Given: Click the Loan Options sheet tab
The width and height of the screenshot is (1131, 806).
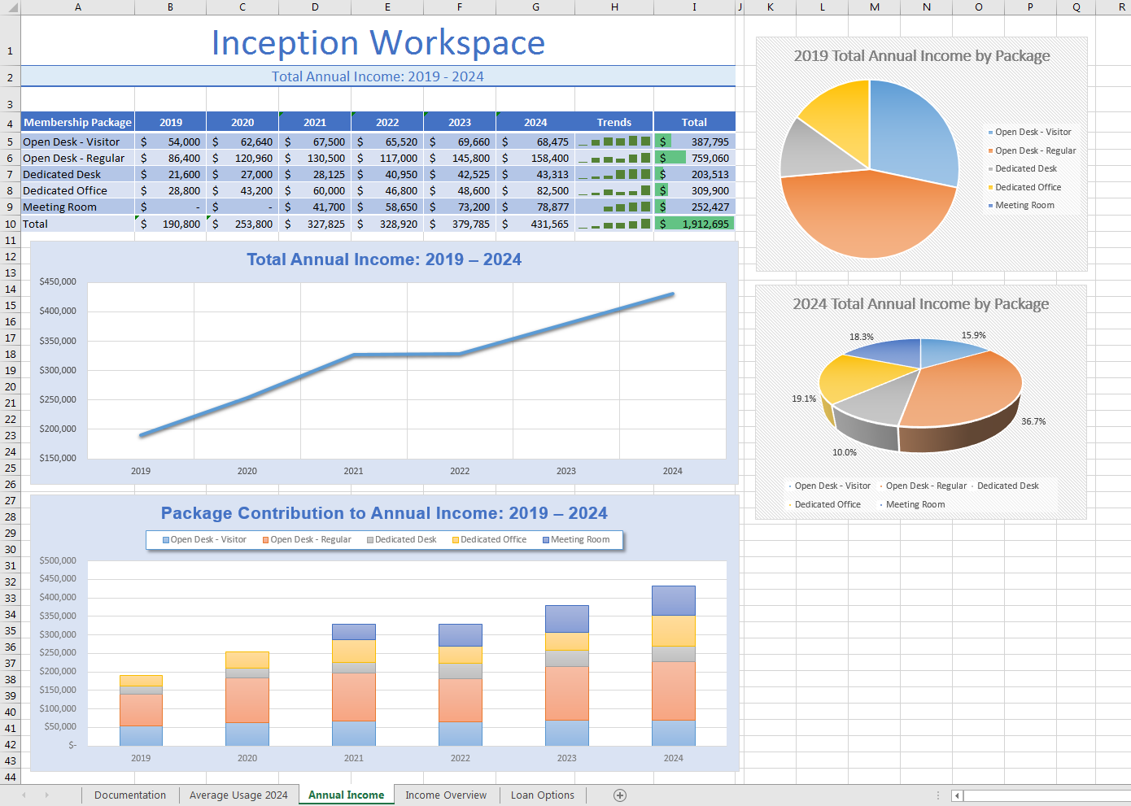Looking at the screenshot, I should (542, 795).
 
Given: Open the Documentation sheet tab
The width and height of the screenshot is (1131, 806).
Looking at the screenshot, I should (130, 795).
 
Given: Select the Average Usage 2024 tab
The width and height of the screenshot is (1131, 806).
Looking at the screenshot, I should (238, 795).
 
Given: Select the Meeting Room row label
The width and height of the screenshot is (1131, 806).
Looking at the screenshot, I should (59, 207).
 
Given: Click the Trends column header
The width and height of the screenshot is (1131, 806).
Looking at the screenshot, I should (614, 123).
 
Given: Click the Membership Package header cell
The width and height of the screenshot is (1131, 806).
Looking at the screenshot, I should (77, 123).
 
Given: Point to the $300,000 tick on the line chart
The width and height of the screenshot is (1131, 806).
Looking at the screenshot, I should (58, 370).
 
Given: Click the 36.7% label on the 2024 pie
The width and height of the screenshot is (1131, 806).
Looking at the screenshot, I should (1033, 421).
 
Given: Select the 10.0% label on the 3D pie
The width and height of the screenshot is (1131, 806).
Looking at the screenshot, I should (844, 452).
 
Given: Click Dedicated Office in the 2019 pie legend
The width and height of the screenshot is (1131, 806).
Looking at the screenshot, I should (1028, 187).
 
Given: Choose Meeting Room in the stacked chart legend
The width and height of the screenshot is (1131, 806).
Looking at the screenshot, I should (579, 540).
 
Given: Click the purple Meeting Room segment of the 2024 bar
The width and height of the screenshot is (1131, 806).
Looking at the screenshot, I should (673, 600).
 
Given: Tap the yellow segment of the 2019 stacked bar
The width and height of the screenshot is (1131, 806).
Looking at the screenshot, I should (141, 680).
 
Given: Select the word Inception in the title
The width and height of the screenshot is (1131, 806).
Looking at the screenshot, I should (285, 43).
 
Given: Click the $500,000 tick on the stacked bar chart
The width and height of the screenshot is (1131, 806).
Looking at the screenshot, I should (58, 560).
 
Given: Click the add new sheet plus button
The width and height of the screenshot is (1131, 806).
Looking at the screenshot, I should (619, 795).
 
